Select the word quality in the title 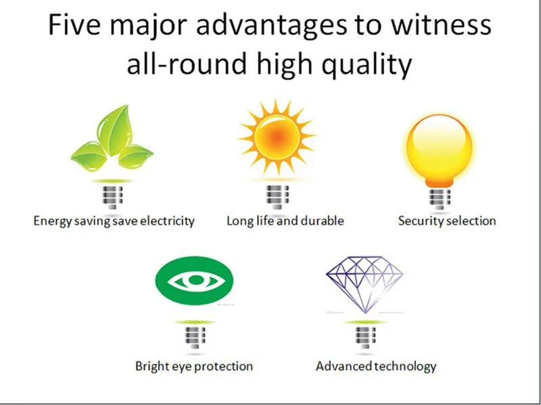(x=367, y=64)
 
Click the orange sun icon (x=277, y=137)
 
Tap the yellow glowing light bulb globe (x=439, y=147)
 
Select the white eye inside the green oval (x=195, y=281)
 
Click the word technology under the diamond (x=406, y=366)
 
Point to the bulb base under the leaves (x=112, y=197)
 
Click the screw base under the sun (x=277, y=197)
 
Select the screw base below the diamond (x=365, y=338)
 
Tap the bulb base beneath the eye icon (x=195, y=338)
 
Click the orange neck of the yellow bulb (x=439, y=182)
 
